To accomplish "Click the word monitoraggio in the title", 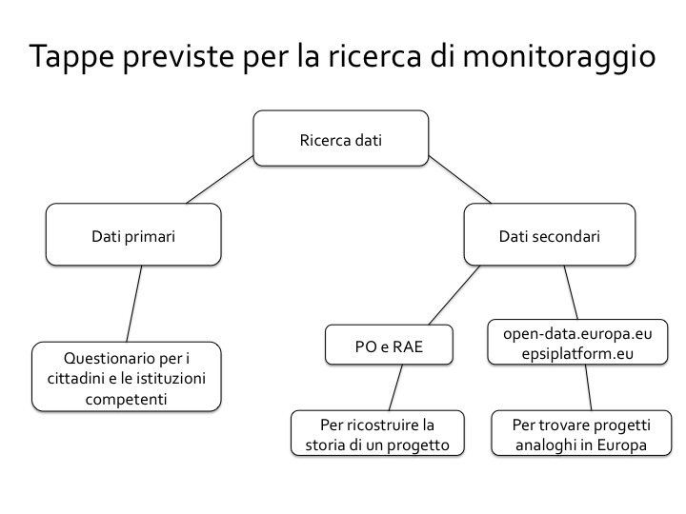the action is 559,57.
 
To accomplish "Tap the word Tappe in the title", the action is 71,57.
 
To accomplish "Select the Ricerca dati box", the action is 341,138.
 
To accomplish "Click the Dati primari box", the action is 133,234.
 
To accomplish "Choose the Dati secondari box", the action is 550,234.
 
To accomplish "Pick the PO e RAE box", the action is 389,345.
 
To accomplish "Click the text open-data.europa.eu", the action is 577,334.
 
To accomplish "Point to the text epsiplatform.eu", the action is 577,353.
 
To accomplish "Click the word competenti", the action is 127,399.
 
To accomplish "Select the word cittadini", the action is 75,379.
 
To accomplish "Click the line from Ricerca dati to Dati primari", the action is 220,180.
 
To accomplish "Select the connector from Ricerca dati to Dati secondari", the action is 460,180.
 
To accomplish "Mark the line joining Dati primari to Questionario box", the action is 134,304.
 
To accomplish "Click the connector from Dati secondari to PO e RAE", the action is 454,295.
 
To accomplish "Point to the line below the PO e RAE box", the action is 395,387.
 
